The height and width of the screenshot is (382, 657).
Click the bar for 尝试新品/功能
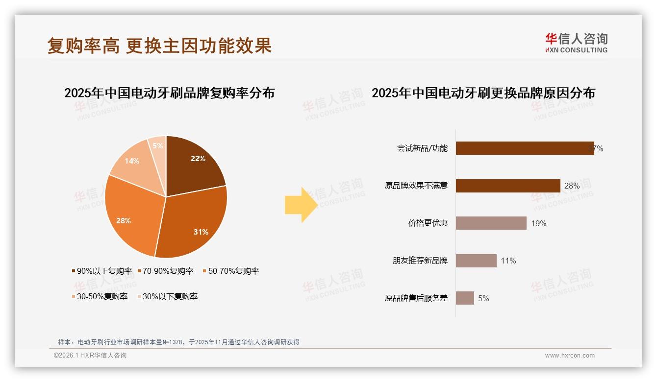(x=525, y=148)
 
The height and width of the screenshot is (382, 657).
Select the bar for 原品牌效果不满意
(x=508, y=186)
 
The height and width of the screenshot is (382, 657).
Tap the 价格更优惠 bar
(x=491, y=223)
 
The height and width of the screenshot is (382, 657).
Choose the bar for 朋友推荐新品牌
(x=476, y=261)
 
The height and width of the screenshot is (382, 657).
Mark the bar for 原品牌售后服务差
(x=465, y=298)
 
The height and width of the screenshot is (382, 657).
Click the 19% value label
(x=538, y=223)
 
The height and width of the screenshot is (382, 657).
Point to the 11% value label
(x=508, y=261)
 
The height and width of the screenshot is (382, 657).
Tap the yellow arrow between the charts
(x=301, y=205)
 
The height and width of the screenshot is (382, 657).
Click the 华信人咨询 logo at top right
(x=576, y=43)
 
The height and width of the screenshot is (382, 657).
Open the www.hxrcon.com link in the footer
(x=570, y=356)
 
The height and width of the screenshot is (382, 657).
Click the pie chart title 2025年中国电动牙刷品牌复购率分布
(x=170, y=93)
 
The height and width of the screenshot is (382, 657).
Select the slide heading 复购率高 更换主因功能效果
(x=159, y=46)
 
